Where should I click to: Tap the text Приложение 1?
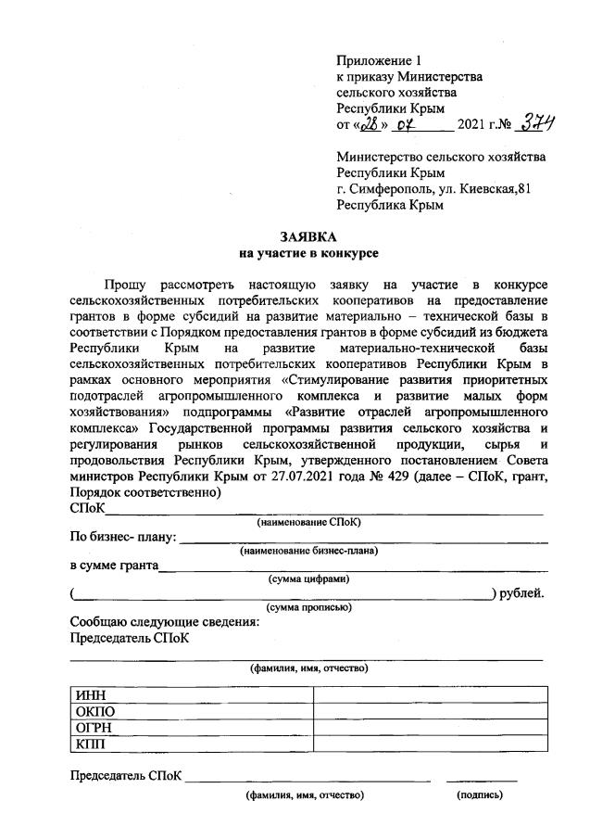(x=378, y=59)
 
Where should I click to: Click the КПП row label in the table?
(x=93, y=744)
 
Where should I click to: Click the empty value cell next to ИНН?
(x=429, y=696)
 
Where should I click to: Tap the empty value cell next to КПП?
(x=429, y=744)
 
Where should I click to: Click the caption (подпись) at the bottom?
(x=479, y=795)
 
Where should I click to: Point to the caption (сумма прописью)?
(x=308, y=607)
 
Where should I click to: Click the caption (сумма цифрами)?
(x=308, y=579)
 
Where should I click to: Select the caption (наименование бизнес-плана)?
(x=308, y=551)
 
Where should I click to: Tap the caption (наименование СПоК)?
(x=308, y=522)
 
